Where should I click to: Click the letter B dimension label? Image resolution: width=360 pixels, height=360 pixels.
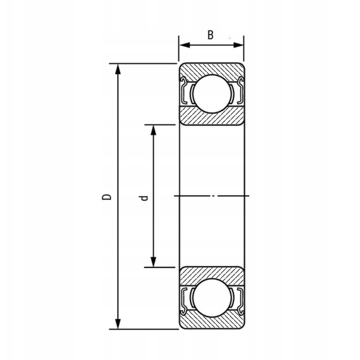click(211, 35)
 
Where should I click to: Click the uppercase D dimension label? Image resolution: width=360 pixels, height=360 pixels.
click(107, 197)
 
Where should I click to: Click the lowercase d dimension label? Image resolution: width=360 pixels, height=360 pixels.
click(144, 198)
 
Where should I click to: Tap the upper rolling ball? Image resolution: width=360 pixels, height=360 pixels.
click(212, 94)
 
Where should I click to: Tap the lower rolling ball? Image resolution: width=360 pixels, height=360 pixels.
click(212, 298)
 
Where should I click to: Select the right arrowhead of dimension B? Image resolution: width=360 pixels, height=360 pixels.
click(238, 45)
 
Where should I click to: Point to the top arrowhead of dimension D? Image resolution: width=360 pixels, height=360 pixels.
click(118, 69)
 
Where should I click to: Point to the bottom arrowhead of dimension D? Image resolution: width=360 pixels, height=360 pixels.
click(118, 324)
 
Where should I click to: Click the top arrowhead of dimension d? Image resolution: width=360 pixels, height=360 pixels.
click(153, 130)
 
